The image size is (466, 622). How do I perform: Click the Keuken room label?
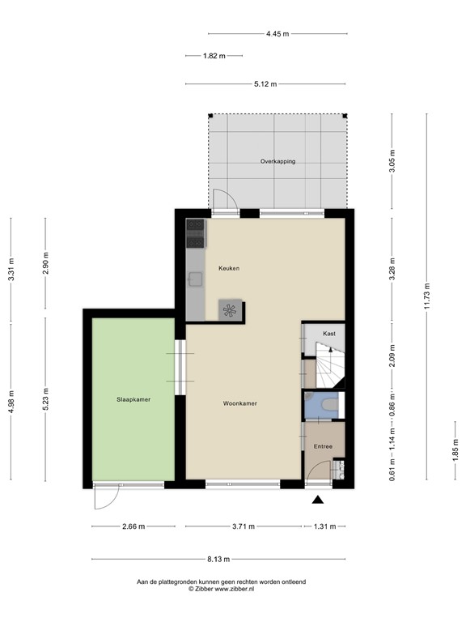click(x=228, y=268)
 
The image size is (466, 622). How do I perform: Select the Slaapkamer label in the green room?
click(x=133, y=399)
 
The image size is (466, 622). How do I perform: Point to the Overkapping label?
click(x=277, y=161)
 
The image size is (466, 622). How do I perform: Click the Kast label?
click(x=328, y=334)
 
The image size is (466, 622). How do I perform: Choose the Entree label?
click(x=323, y=446)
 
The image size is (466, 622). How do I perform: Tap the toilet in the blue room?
click(x=327, y=403)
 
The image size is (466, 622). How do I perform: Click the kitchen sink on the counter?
click(x=196, y=279)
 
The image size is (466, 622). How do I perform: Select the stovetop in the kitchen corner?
click(x=195, y=233)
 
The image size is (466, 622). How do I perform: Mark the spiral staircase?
click(x=332, y=365)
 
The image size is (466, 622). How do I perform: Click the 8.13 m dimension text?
click(x=217, y=559)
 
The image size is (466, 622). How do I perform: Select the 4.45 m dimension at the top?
click(x=277, y=34)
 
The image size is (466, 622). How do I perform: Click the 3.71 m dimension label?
click(x=240, y=526)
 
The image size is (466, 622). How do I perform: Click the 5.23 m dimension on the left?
click(x=45, y=401)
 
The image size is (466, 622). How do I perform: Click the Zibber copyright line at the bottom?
click(x=232, y=589)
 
